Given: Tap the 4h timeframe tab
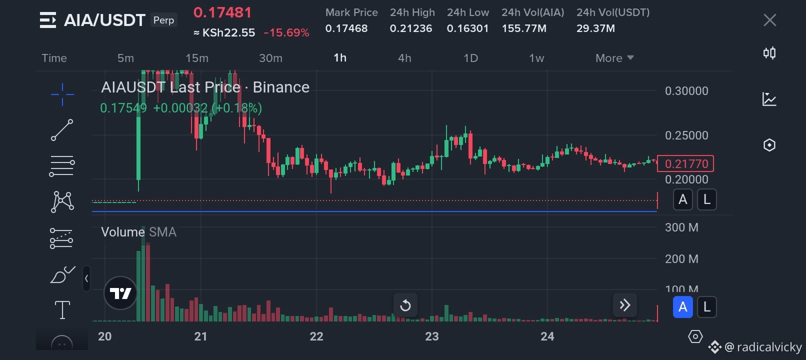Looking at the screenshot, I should click(x=404, y=58).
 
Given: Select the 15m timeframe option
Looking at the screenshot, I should click(x=197, y=58).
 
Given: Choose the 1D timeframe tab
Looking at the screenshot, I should click(x=470, y=58).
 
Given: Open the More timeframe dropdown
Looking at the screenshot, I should click(x=614, y=58).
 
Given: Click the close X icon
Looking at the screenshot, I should click(x=769, y=20).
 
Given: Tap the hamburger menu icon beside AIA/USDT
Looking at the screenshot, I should click(x=48, y=20).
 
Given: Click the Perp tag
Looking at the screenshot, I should click(x=163, y=20).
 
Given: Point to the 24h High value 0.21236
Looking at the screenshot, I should click(x=411, y=28).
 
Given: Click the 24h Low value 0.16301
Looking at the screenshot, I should click(x=467, y=28).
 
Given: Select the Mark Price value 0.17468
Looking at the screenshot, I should click(x=346, y=28).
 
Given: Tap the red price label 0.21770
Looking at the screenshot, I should click(x=685, y=163).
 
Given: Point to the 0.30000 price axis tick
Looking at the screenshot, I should click(x=686, y=91).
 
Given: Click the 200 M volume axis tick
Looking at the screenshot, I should click(x=681, y=259).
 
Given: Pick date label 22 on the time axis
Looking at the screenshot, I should click(x=316, y=336).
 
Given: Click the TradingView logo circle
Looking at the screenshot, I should click(x=120, y=293).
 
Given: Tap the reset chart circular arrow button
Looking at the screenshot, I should click(x=405, y=305).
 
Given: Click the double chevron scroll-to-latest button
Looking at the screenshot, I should click(x=625, y=305).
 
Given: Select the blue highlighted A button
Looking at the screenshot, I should click(x=682, y=306).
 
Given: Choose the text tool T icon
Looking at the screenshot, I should click(x=62, y=310).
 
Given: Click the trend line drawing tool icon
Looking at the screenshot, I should click(x=62, y=130).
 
